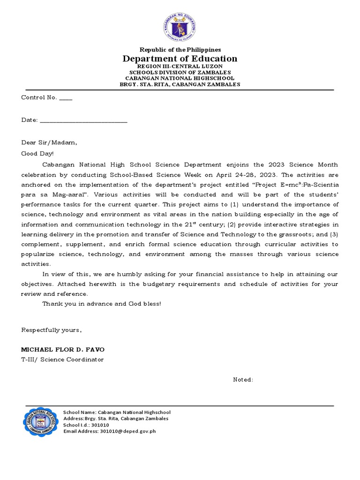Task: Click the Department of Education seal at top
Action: coord(180,27)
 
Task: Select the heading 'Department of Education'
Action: coord(180,59)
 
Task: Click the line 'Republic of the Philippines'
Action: coord(180,50)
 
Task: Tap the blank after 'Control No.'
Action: coord(66,98)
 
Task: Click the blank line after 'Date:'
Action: coord(83,120)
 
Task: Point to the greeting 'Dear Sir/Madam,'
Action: coord(49,142)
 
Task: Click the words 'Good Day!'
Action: coord(37,153)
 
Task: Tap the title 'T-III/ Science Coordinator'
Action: coord(62,360)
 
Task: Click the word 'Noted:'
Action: coord(243,380)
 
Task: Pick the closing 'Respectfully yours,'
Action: coord(52,330)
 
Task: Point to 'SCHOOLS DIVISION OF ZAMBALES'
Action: coord(180,73)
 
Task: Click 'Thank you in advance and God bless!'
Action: coord(102,304)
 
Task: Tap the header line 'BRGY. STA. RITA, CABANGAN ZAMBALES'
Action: coord(180,84)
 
